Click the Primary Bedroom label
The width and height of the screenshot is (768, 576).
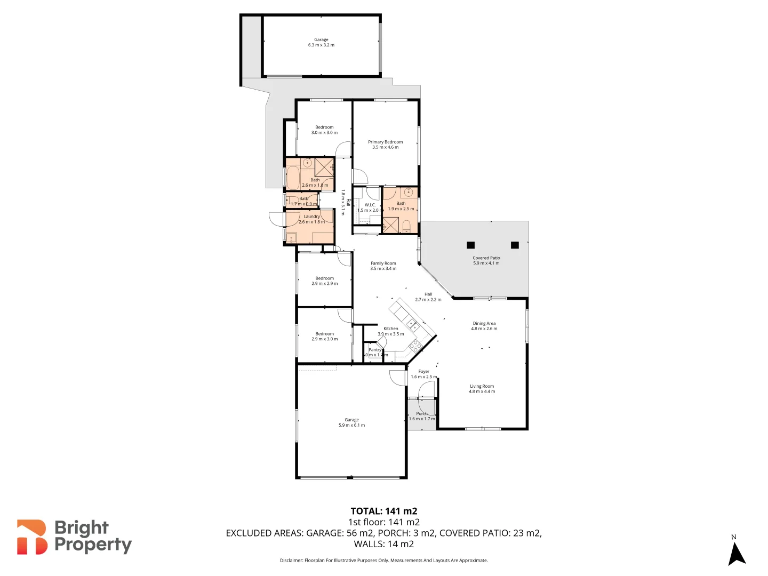pos(385,142)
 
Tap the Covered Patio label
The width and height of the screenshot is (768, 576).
pos(486,258)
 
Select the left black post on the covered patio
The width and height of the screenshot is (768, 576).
pos(470,245)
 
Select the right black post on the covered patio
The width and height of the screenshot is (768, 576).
pos(515,245)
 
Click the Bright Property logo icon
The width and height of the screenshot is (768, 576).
pos(31,537)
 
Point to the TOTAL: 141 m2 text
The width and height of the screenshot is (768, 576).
pos(383,511)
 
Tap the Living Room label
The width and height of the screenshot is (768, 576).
pos(482,386)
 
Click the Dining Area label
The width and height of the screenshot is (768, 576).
pos(484,323)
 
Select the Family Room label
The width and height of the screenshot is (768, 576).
pos(383,263)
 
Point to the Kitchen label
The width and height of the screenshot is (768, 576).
pos(390,329)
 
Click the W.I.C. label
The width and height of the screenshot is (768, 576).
pos(370,205)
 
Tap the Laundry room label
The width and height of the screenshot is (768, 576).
pos(311,217)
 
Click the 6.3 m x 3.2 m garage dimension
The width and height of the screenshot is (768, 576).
pos(321,45)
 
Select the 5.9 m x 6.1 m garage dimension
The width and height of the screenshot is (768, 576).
pos(351,425)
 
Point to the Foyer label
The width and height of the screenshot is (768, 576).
pos(423,371)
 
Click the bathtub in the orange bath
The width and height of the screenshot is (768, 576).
pos(293,178)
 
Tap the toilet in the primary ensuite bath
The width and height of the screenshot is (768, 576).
pos(406,228)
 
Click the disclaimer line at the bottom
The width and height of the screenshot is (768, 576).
pos(383,561)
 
